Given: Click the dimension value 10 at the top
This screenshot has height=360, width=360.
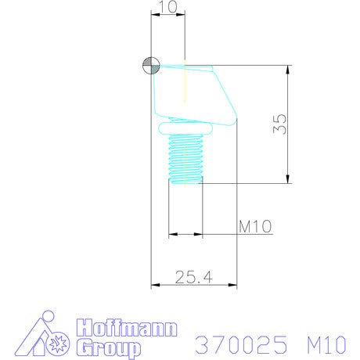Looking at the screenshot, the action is point(169,7).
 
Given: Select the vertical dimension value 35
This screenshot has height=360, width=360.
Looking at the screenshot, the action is point(280,124).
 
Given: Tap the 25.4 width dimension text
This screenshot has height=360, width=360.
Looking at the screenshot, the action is point(194,277).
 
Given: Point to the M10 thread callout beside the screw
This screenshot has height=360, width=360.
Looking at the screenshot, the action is point(255,226).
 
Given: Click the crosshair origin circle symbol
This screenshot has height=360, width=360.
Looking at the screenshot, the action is point(151,65).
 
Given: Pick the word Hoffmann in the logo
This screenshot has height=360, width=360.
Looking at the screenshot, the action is point(127,327).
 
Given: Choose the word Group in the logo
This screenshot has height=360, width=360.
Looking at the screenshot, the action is point(109,347).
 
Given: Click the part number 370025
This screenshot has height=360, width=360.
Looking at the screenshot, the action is point(241,344).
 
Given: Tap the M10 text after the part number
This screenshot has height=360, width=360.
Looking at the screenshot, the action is point(326,344).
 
